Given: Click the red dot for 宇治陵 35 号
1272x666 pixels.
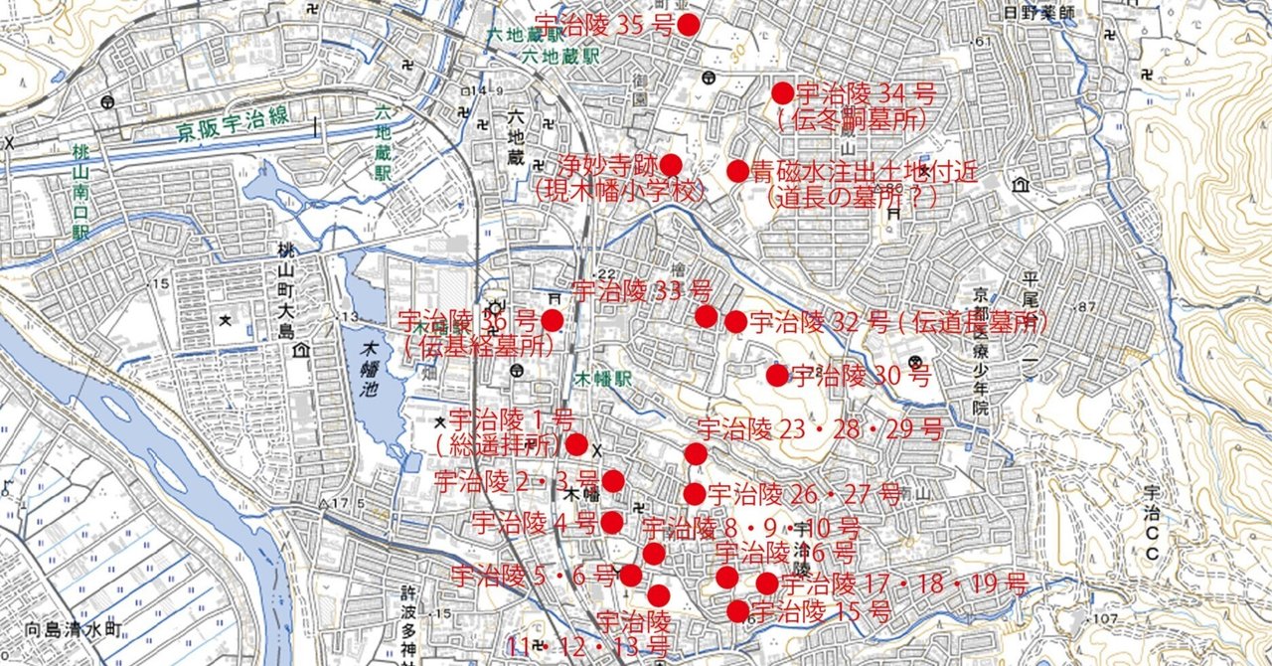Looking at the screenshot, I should (688, 25).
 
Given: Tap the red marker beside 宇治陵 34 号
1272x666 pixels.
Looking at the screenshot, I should (783, 93).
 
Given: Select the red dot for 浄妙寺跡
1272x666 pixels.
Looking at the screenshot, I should (671, 165).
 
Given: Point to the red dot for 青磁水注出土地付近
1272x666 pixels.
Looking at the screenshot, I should (737, 171).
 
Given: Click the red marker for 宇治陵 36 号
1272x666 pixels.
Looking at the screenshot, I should (552, 320).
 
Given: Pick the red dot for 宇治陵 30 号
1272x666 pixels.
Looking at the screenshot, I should (777, 375).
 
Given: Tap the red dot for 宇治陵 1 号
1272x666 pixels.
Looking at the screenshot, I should (576, 444).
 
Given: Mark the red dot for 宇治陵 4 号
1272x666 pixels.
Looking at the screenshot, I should (612, 522).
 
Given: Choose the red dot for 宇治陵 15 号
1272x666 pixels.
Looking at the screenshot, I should (737, 611).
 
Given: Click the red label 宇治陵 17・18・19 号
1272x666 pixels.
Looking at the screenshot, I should (903, 584).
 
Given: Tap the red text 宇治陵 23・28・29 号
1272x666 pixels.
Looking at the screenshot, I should (820, 430).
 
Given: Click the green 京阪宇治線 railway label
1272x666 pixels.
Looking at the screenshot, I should (234, 123).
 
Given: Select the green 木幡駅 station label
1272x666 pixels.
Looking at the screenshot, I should (604, 380).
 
